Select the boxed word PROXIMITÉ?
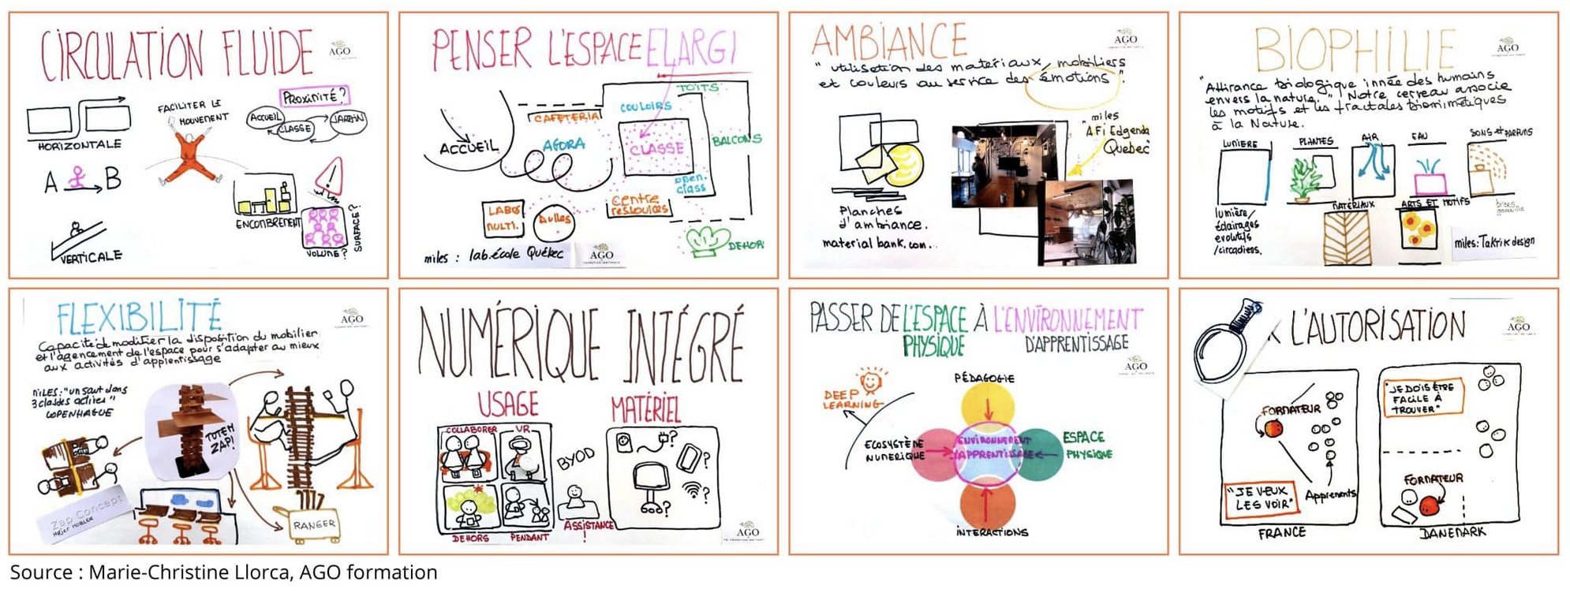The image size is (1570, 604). [314, 97]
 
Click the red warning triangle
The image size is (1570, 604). [331, 177]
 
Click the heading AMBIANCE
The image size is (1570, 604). [889, 40]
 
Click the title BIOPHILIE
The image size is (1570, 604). [1355, 50]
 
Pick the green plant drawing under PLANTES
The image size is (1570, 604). [1305, 179]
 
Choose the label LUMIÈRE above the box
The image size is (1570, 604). [1240, 144]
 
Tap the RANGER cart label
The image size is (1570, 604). [314, 524]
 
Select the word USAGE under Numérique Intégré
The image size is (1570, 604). [508, 405]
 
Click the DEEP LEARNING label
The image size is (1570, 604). [851, 398]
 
